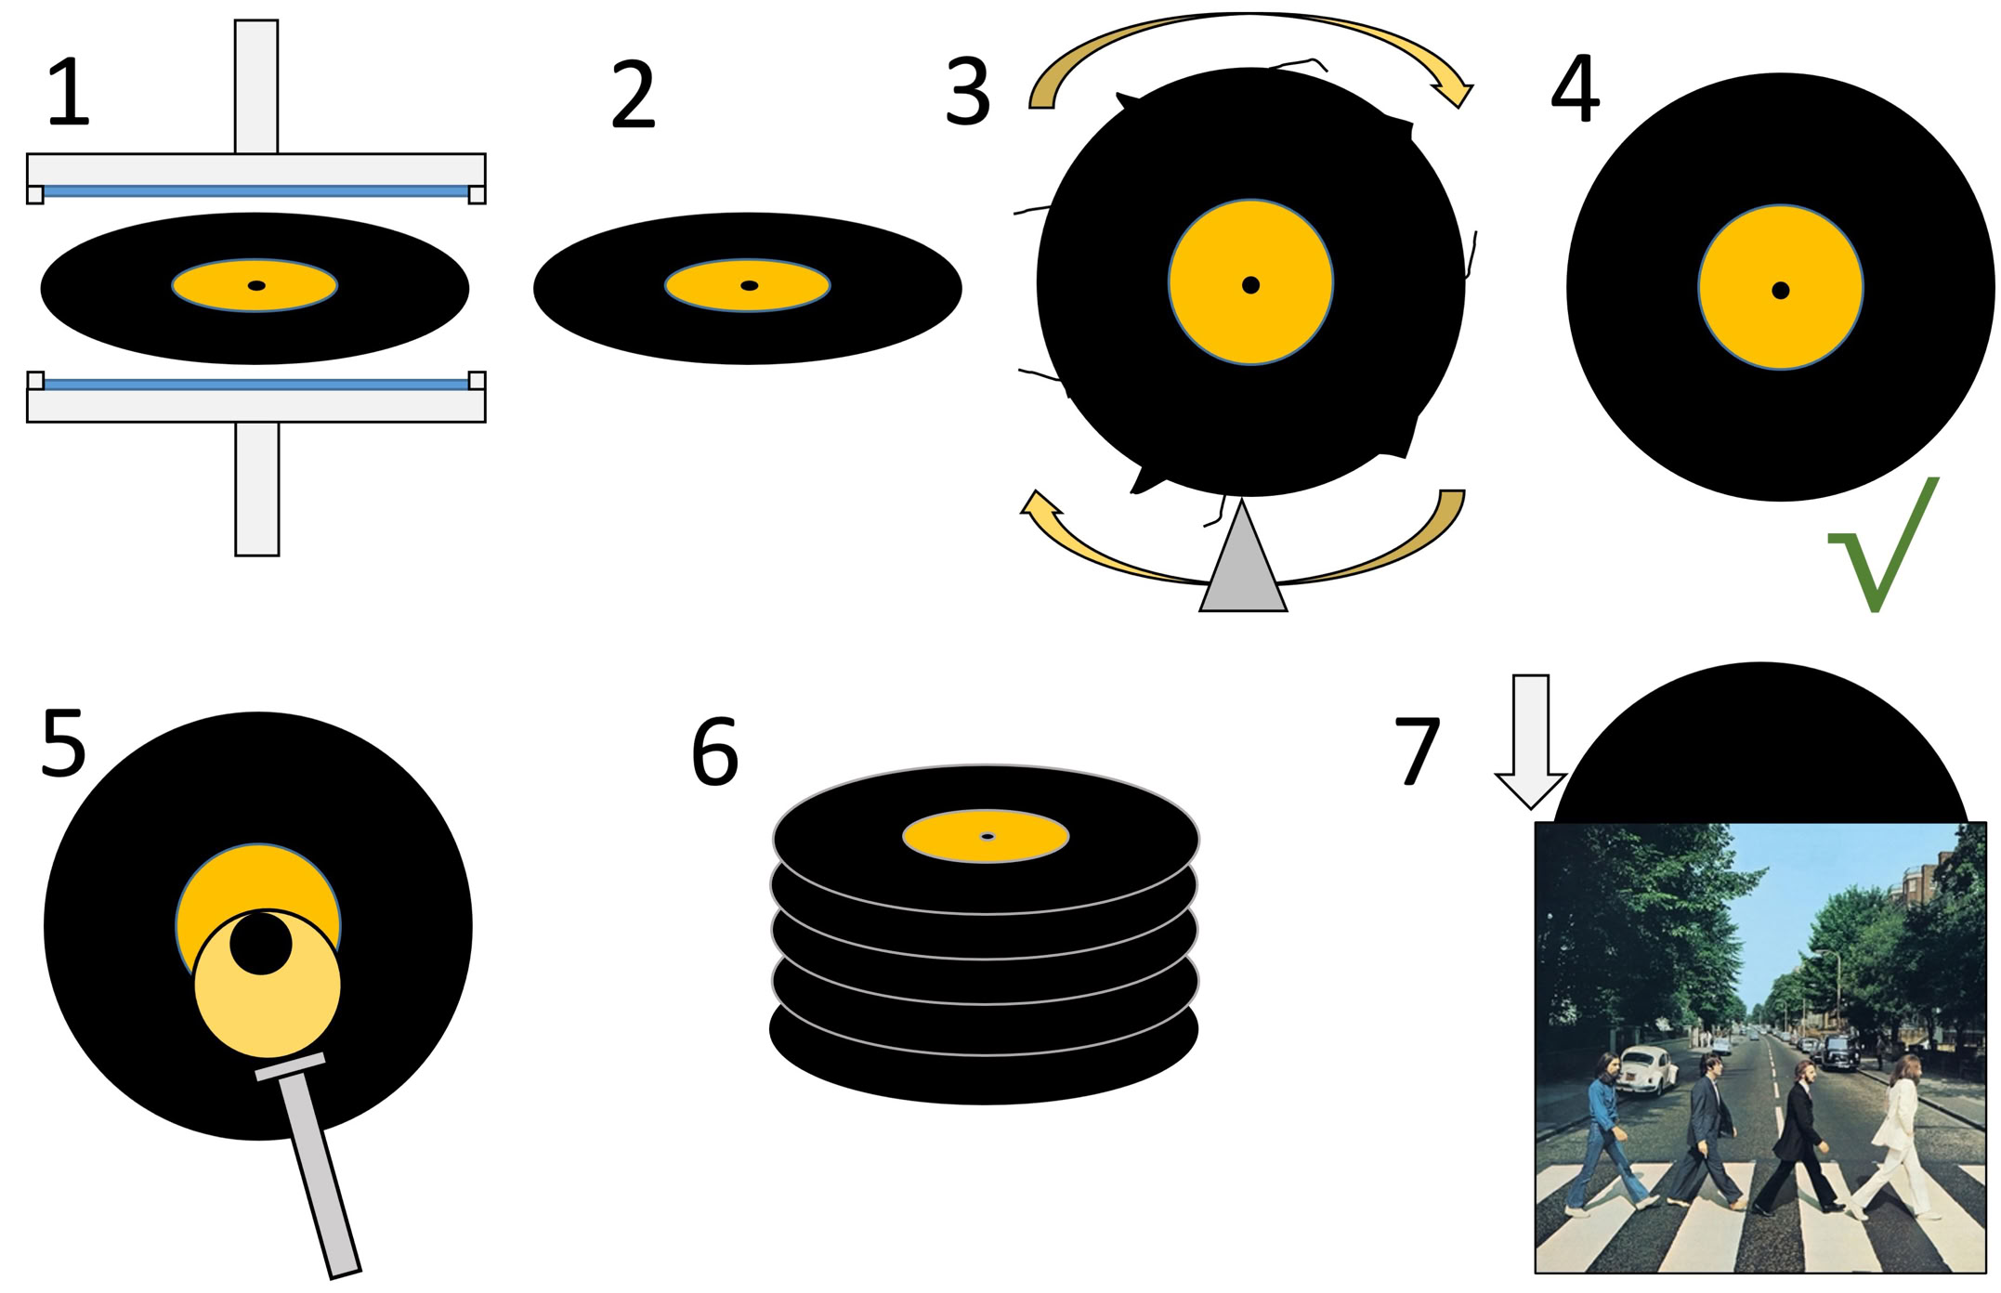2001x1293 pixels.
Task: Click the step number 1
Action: pyautogui.click(x=69, y=93)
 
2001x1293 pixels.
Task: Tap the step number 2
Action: pyautogui.click(x=634, y=95)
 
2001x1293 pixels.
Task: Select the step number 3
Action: pyautogui.click(x=967, y=93)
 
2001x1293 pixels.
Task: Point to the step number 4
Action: pyautogui.click(x=1576, y=89)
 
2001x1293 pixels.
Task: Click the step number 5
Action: pyautogui.click(x=64, y=743)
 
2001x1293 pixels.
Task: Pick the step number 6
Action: pyautogui.click(x=715, y=752)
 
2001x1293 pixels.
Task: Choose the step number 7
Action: pyautogui.click(x=1418, y=751)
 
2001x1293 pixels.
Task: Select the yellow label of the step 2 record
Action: pyautogui.click(x=748, y=285)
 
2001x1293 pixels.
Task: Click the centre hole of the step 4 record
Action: pyautogui.click(x=1780, y=290)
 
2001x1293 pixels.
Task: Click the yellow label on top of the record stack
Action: pyautogui.click(x=986, y=836)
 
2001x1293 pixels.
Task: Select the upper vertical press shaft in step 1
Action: pyautogui.click(x=256, y=86)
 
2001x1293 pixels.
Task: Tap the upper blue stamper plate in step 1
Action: pyautogui.click(x=255, y=191)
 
